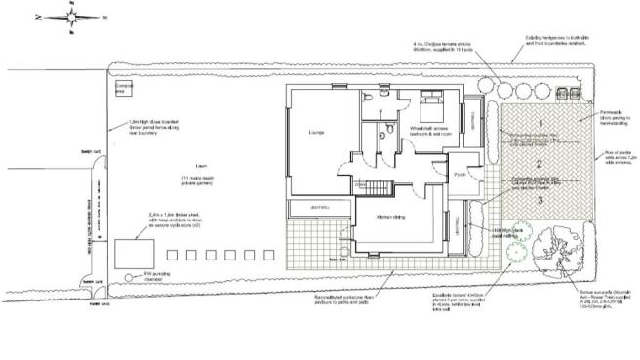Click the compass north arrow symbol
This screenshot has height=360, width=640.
(73, 18)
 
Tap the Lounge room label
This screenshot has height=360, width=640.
(315, 132)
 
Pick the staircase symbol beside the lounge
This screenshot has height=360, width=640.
(376, 187)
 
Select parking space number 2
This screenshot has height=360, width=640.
(539, 166)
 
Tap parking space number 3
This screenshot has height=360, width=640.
(539, 199)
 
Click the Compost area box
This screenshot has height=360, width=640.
(123, 90)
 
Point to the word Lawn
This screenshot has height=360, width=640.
(202, 166)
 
